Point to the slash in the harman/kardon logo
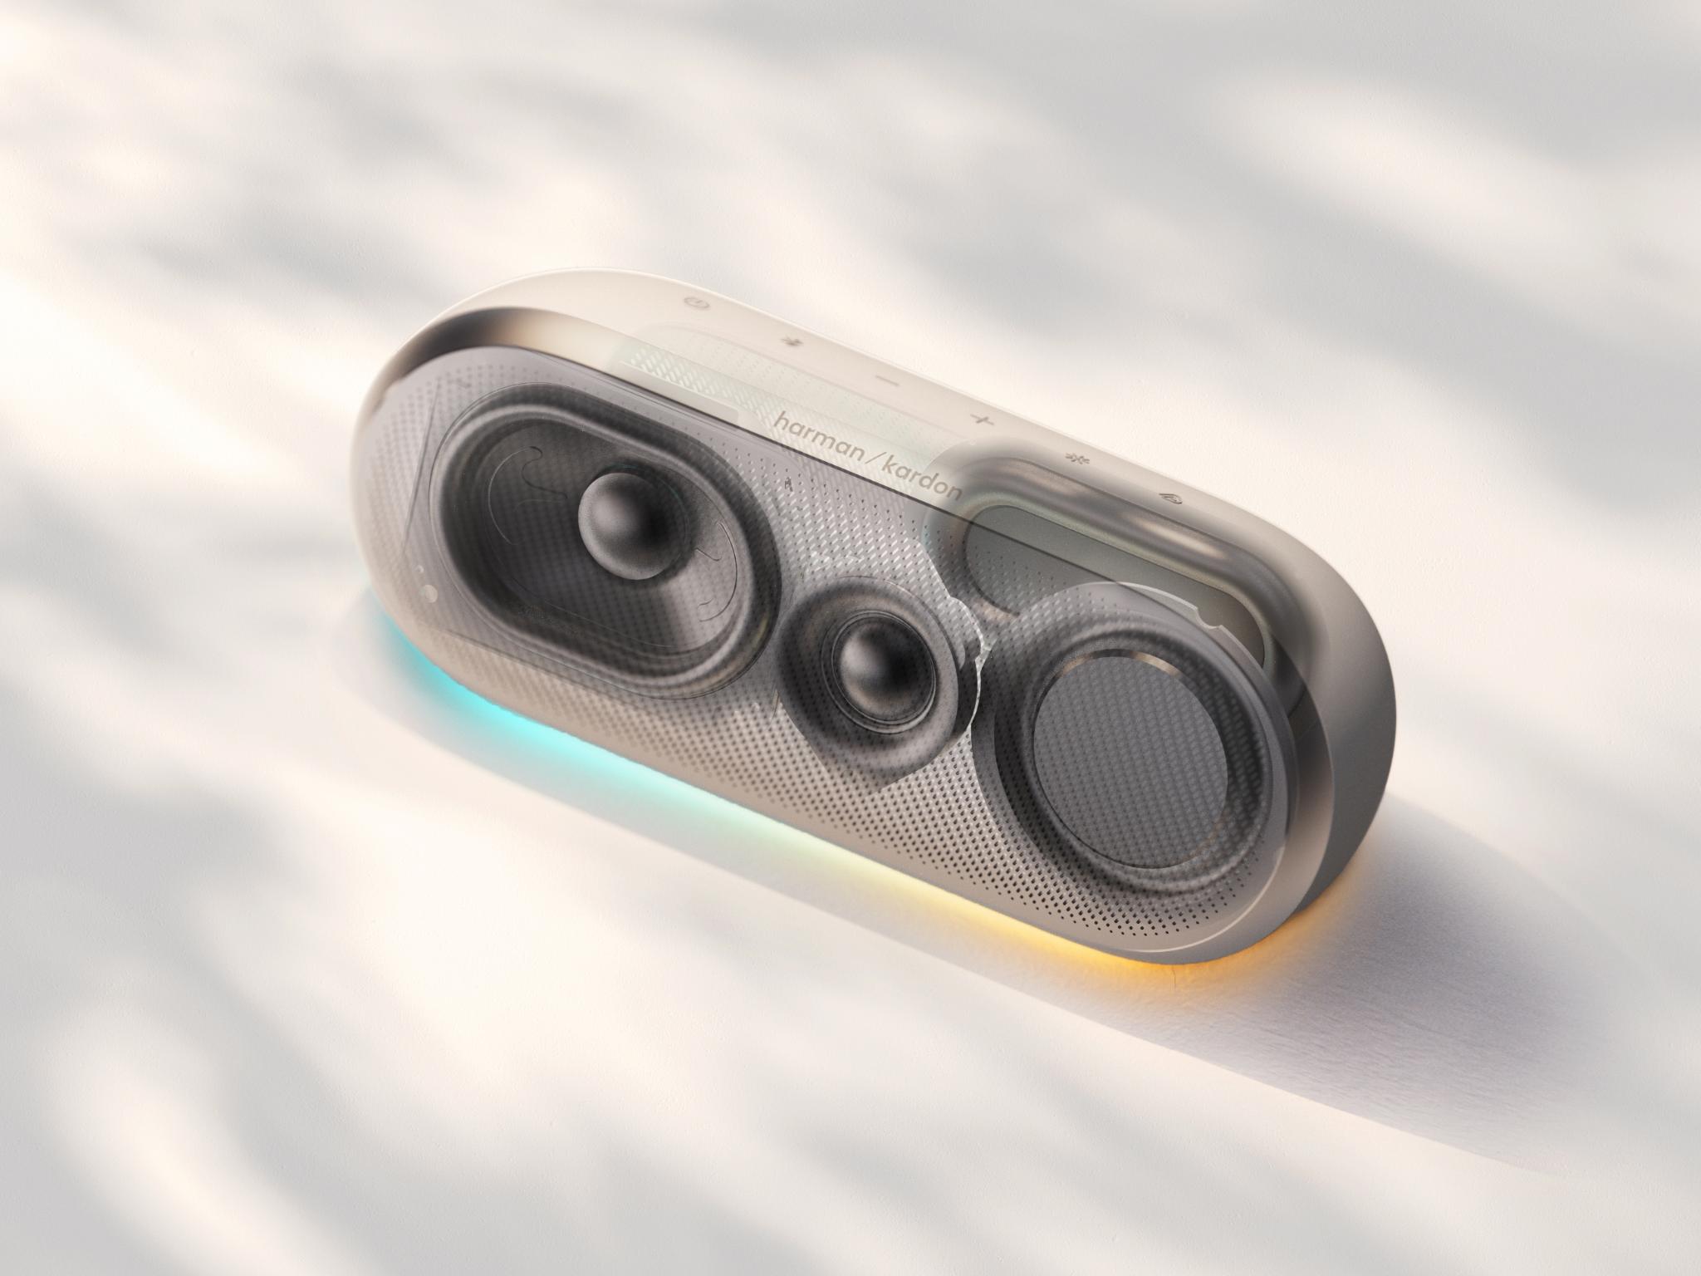(870, 455)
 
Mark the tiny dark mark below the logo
(787, 481)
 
